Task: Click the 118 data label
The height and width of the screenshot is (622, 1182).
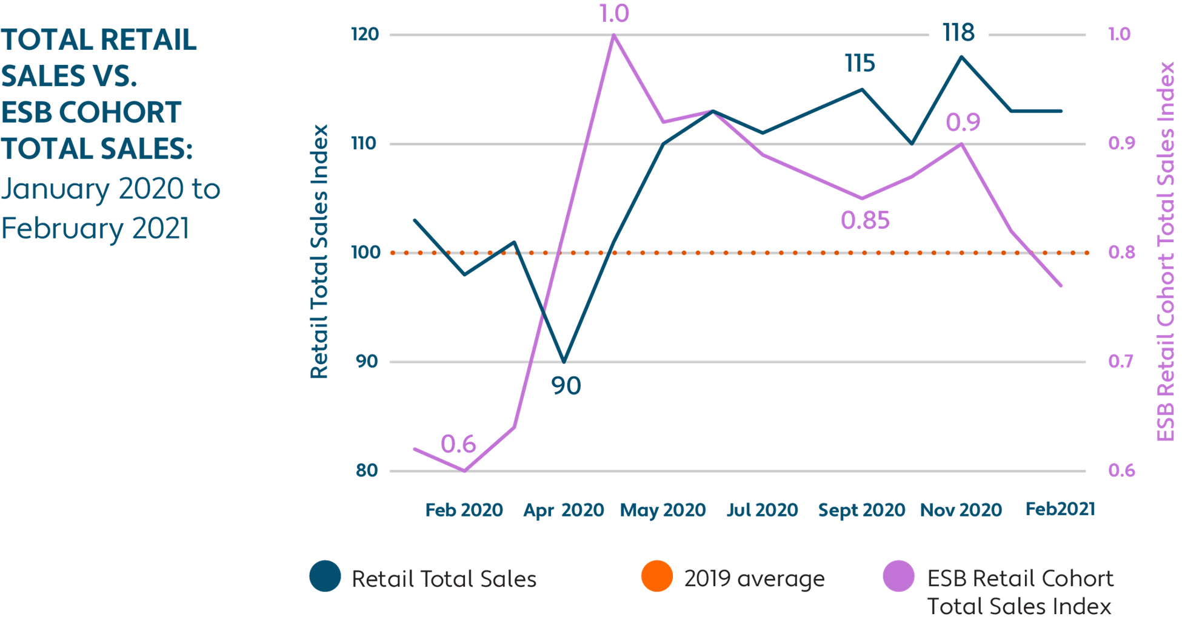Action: (x=958, y=32)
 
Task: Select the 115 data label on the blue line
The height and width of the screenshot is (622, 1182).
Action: (x=860, y=63)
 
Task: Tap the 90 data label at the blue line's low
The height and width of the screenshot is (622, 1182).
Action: (x=566, y=385)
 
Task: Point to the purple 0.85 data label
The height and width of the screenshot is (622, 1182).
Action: (x=865, y=220)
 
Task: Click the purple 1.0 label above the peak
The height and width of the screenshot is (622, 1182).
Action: (x=615, y=13)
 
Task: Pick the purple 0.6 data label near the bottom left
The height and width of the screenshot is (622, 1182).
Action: (x=458, y=444)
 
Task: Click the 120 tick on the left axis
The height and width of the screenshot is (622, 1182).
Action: (x=365, y=34)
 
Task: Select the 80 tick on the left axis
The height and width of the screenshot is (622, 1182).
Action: (x=367, y=470)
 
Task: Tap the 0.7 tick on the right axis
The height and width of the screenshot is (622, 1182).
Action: (x=1121, y=362)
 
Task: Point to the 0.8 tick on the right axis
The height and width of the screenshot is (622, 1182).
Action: (x=1121, y=252)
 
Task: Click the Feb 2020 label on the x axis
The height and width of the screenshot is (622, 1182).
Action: (x=464, y=510)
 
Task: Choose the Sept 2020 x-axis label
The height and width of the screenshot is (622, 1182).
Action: (x=861, y=510)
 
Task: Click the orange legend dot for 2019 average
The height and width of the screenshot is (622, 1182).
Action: (x=657, y=576)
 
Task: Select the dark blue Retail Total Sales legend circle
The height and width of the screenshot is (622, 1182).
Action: (x=325, y=576)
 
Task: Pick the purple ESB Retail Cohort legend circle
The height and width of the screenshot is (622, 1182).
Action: (x=899, y=576)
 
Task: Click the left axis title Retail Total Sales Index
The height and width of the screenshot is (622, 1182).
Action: (x=319, y=252)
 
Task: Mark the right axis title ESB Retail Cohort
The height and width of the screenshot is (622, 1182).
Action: (x=1165, y=252)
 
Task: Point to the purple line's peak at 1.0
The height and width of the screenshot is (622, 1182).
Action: (x=613, y=35)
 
